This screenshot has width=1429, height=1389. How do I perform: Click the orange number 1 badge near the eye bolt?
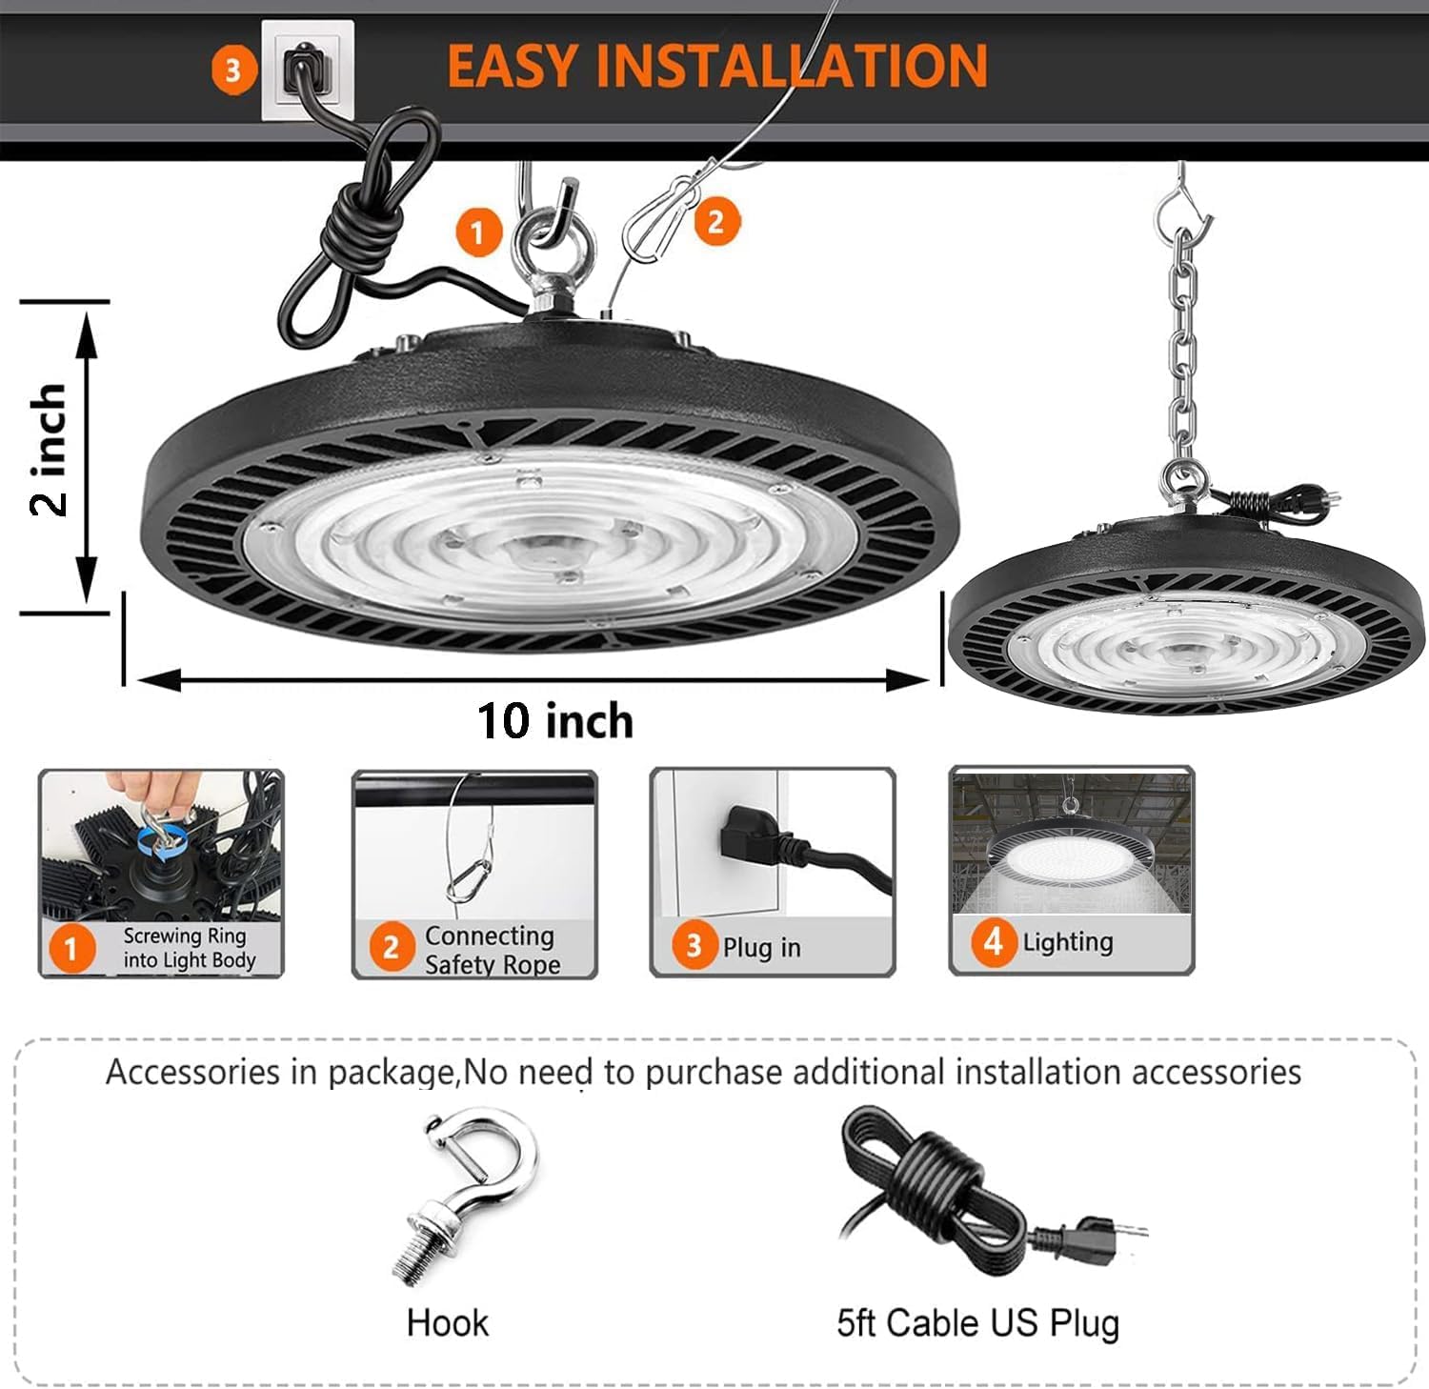click(477, 231)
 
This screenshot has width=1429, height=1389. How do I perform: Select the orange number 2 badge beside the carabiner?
click(715, 222)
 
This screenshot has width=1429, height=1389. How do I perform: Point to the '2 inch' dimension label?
click(48, 450)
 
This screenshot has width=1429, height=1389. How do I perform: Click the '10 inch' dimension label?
click(555, 720)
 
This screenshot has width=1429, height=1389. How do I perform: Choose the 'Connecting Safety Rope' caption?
click(491, 950)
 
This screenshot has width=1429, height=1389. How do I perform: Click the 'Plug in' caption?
click(761, 947)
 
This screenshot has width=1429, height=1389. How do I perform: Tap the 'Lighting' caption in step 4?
click(1067, 942)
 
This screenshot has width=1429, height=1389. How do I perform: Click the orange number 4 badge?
click(993, 942)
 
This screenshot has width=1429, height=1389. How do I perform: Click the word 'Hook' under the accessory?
click(447, 1322)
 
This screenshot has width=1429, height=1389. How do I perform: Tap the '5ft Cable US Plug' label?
click(977, 1322)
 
